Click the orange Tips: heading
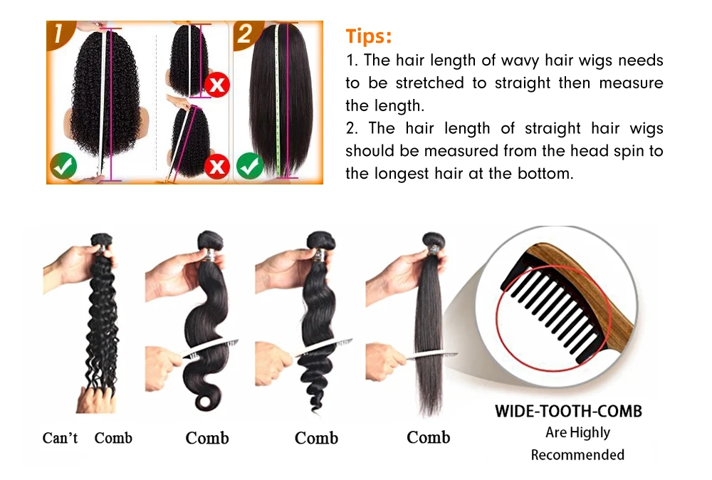(369, 36)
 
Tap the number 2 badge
(245, 34)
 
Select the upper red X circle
(216, 85)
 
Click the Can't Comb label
(87, 438)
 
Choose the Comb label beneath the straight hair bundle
(428, 437)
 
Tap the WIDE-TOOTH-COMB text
(568, 412)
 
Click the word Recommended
(577, 455)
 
